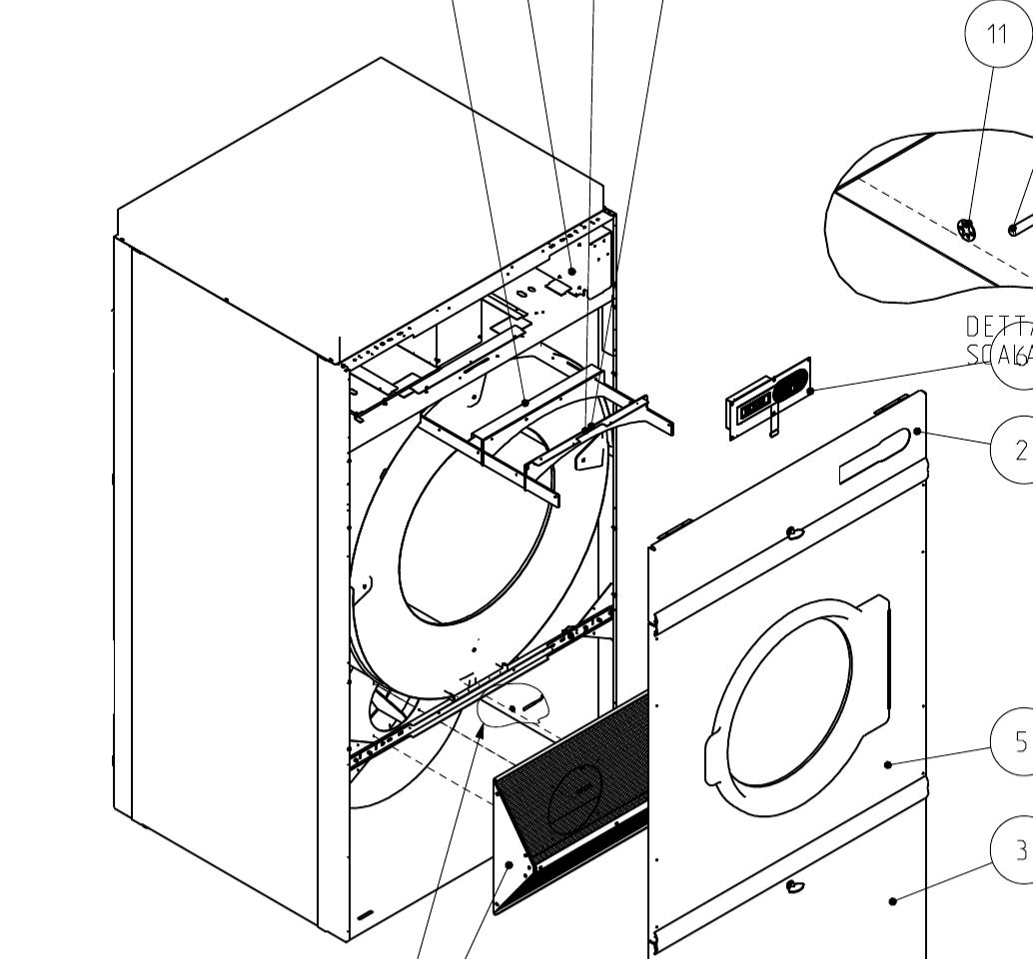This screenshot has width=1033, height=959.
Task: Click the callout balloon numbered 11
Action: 996,35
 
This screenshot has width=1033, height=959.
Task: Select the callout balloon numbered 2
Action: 1018,450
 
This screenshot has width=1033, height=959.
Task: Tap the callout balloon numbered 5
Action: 1018,741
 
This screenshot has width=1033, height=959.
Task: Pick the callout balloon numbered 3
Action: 1018,850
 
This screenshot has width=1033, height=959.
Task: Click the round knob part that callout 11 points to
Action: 966,230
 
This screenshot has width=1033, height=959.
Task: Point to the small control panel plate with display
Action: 768,400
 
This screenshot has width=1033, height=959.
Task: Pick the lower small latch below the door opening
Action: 796,885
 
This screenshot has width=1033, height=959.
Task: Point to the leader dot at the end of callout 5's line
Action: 888,764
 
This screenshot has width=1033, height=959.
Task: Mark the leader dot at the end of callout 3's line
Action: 892,901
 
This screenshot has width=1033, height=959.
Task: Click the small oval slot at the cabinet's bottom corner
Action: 365,915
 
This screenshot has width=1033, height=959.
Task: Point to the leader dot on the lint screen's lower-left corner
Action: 510,865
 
